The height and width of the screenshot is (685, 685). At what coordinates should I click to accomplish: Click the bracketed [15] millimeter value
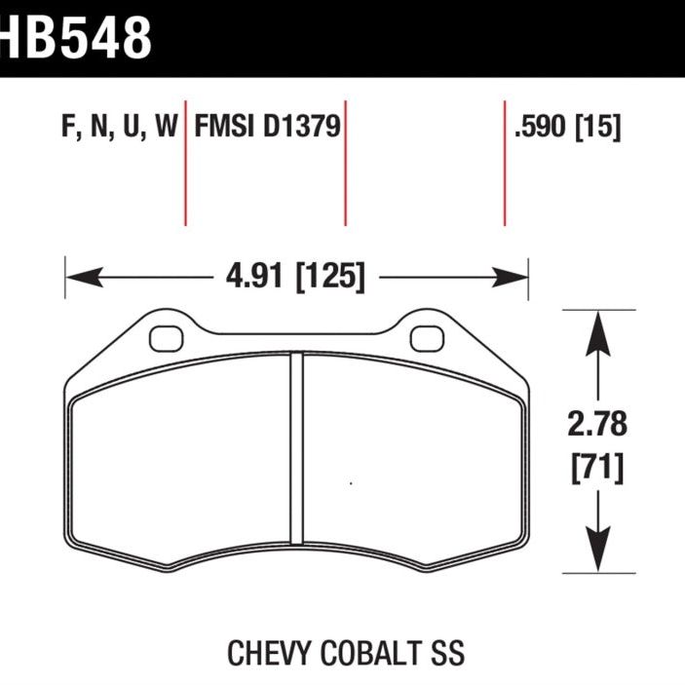[x=598, y=128]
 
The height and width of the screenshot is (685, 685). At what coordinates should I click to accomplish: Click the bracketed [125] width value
[x=329, y=278]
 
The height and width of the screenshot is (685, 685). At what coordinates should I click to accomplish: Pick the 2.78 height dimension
[x=596, y=426]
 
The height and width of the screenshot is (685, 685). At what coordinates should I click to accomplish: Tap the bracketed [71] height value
[x=596, y=470]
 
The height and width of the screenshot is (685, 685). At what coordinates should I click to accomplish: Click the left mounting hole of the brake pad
[x=166, y=337]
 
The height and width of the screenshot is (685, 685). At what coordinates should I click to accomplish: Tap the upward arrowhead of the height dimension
[x=596, y=331]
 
